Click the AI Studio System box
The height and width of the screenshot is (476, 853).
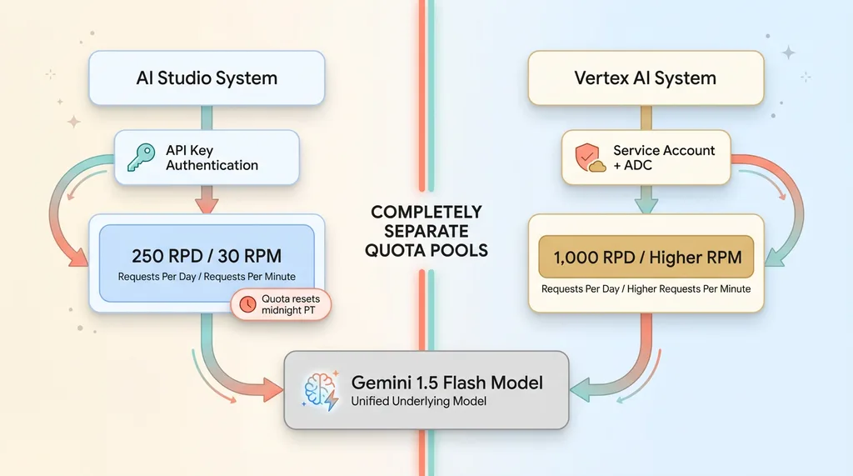[x=206, y=78]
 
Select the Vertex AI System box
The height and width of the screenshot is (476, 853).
[x=646, y=78]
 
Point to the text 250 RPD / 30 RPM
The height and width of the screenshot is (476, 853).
[x=207, y=256]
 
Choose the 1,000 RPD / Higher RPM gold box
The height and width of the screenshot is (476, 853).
[x=646, y=257]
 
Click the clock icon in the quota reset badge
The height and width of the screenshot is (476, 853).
[x=247, y=305]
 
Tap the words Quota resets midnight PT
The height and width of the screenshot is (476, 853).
[x=291, y=305]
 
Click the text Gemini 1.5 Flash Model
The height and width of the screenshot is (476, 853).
[x=446, y=383]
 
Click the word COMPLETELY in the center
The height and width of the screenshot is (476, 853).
[x=426, y=212]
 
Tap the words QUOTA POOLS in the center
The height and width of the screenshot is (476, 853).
[x=426, y=250]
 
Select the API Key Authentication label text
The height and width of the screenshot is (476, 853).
[x=212, y=158]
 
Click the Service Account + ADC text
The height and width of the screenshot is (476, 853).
[x=664, y=158]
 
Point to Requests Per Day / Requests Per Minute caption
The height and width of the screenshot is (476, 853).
[x=207, y=277]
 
